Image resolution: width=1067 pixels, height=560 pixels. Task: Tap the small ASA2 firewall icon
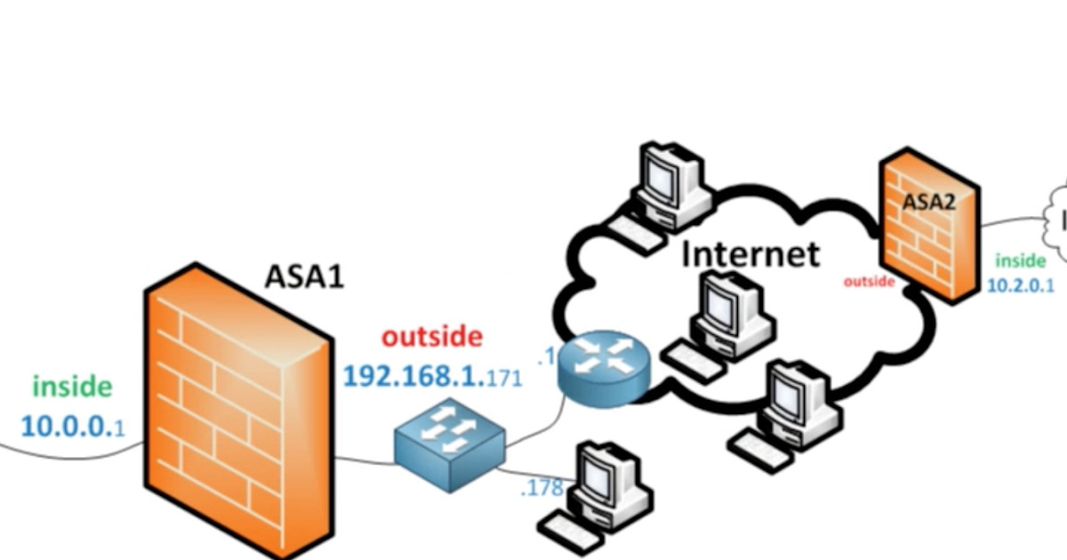[x=927, y=229]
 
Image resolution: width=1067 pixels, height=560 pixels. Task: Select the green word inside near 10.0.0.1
[x=72, y=387]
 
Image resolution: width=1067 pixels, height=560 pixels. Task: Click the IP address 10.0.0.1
[x=72, y=427]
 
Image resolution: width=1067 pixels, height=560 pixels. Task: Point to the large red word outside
[x=432, y=337]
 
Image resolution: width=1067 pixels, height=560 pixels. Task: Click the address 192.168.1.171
[x=432, y=375]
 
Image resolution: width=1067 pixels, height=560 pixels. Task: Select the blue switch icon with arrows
[x=450, y=444]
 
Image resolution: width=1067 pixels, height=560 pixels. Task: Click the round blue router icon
[x=604, y=366]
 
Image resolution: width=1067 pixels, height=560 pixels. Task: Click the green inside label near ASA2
[x=1020, y=260]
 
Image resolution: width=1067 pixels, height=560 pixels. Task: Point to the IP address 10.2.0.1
[x=1020, y=285]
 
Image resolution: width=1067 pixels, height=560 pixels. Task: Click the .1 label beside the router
[x=546, y=357]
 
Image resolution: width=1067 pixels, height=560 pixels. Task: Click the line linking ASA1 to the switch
[x=365, y=460]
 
